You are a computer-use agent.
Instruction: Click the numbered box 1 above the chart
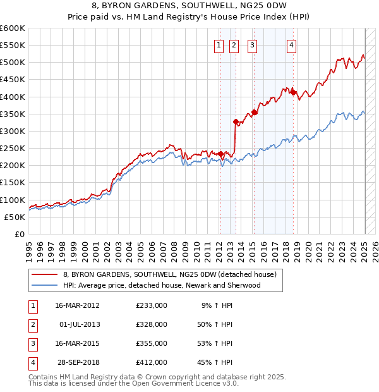click(x=219, y=44)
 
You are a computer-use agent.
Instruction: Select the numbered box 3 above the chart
click(x=252, y=44)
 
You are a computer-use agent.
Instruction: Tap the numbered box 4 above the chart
click(x=292, y=44)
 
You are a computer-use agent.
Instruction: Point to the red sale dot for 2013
click(x=235, y=121)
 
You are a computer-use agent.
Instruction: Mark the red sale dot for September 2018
click(x=294, y=92)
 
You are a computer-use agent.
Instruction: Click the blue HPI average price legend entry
click(x=161, y=285)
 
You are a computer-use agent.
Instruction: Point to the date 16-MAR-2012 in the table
click(x=77, y=305)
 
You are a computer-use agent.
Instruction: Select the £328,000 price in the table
click(x=151, y=324)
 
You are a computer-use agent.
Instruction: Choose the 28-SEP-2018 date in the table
click(x=78, y=362)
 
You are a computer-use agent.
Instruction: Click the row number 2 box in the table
click(x=32, y=324)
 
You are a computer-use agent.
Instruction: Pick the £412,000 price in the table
click(x=151, y=362)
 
